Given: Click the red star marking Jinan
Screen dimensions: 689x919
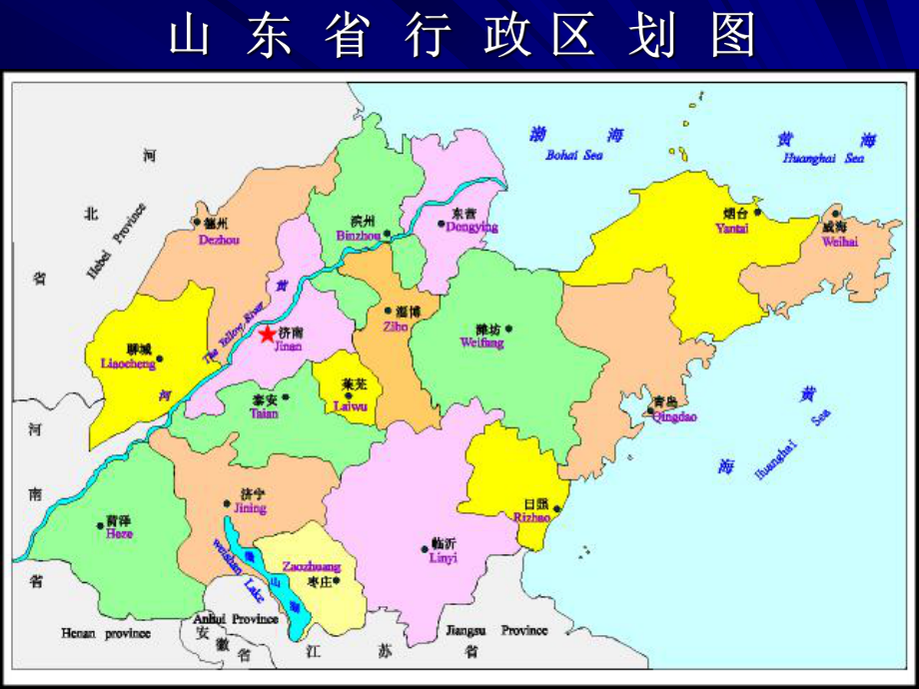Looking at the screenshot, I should [268, 336].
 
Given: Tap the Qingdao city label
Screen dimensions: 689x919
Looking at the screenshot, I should [673, 416].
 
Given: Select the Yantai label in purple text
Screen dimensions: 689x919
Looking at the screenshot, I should [732, 228].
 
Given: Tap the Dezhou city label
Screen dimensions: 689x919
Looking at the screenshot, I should [219, 240].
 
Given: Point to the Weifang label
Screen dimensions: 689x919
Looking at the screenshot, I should [481, 343].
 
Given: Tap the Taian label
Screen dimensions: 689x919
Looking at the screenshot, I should [264, 412].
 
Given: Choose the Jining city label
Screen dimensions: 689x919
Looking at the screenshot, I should [250, 508].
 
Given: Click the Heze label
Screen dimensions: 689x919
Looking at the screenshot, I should [118, 534].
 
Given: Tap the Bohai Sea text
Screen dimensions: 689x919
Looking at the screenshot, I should [574, 155].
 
